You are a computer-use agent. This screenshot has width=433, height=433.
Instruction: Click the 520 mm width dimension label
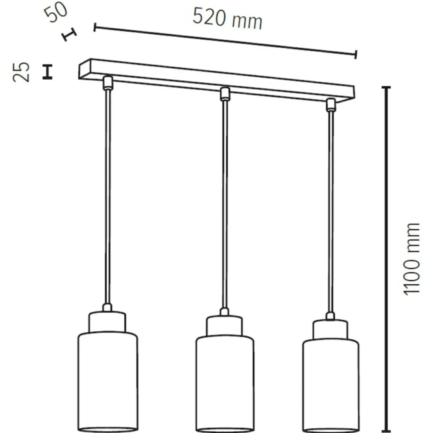pyautogui.click(x=227, y=18)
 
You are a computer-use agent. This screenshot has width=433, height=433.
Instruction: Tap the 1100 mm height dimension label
pyautogui.click(x=411, y=259)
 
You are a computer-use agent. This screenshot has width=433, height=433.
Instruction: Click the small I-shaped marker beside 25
pyautogui.click(x=47, y=72)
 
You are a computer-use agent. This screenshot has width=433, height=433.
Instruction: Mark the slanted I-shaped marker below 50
pyautogui.click(x=69, y=34)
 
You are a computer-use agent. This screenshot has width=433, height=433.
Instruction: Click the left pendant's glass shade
pyautogui.click(x=108, y=383)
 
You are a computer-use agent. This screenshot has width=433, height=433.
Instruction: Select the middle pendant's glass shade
pyautogui.click(x=225, y=384)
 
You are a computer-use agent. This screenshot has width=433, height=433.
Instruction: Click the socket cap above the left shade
pyautogui.click(x=107, y=322)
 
